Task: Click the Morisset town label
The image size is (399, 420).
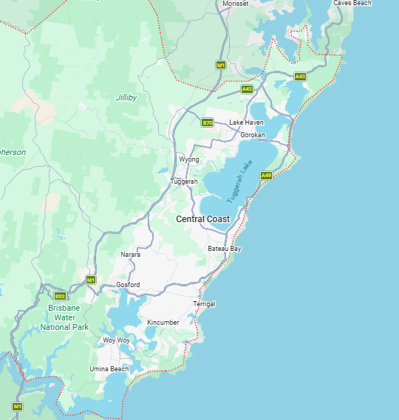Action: pos(236,4)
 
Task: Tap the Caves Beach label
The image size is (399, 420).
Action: pos(352,3)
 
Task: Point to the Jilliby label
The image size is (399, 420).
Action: pos(126,97)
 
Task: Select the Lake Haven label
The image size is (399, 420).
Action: pos(246,123)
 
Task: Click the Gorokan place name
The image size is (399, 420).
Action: pos(253,135)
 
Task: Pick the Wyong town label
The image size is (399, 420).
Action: pos(189,159)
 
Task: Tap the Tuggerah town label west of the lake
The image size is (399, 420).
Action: pos(184,182)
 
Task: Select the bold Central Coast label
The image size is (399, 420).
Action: pos(202,219)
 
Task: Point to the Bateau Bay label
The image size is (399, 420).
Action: pos(225,249)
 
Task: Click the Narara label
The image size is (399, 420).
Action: pos(130,255)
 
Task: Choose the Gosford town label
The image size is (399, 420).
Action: pos(128,285)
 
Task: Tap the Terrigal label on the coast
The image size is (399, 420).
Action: pos(204,304)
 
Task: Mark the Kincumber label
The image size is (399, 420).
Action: pos(163,323)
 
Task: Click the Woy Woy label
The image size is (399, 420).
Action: pos(116,340)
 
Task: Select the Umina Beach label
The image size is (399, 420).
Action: pos(109,368)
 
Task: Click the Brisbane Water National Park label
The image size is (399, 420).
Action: pos(64,317)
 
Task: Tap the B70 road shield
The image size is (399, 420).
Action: pos(208,123)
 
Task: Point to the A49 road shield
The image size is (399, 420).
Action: pos(267,176)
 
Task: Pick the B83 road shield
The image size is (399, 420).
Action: pos(61,296)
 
